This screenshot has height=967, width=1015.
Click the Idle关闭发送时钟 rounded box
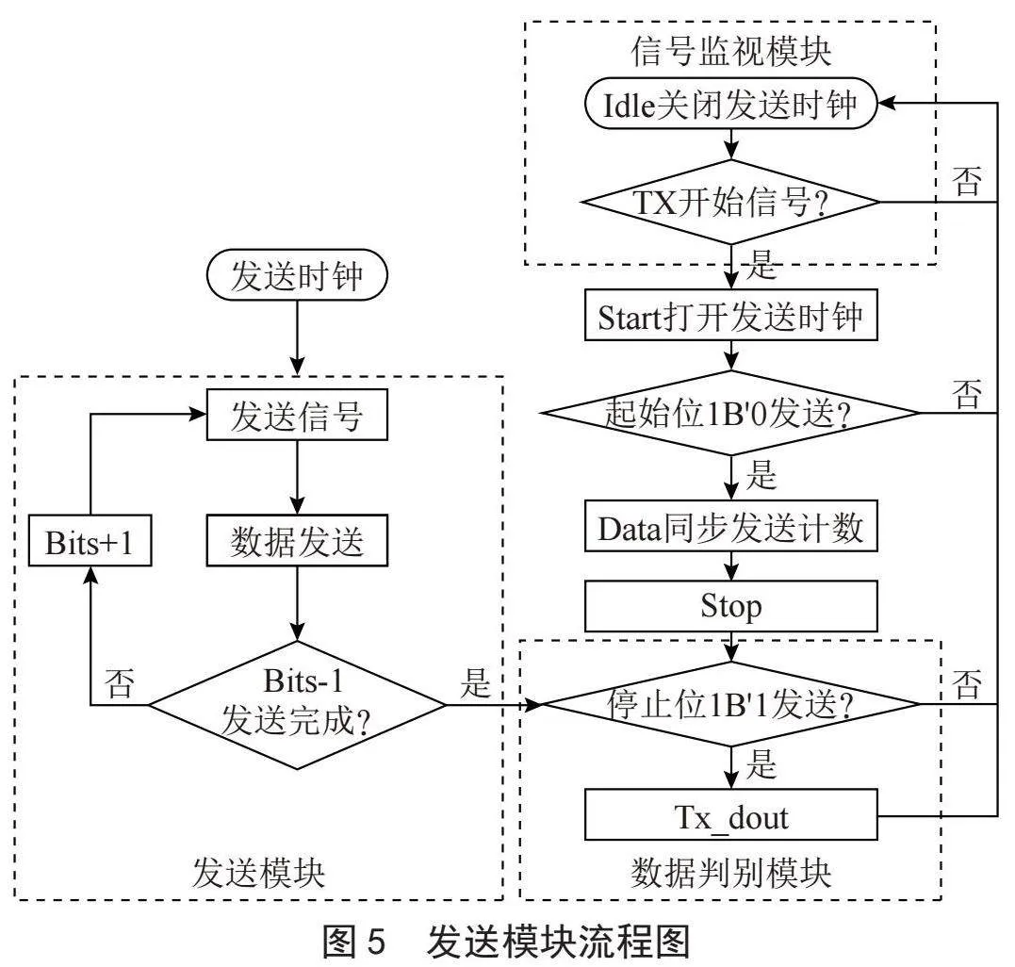[x=730, y=105]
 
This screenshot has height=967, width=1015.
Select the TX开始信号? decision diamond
[x=730, y=202]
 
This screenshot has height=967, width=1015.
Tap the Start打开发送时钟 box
[x=730, y=315]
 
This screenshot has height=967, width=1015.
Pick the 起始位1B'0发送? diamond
[x=730, y=412]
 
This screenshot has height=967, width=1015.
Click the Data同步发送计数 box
[x=730, y=526]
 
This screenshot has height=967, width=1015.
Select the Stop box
[x=730, y=606]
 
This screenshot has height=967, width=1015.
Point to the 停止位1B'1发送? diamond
[x=730, y=703]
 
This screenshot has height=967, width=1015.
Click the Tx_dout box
[x=730, y=814]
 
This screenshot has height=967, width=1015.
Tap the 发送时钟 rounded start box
[x=297, y=275]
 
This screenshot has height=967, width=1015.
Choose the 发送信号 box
[x=297, y=415]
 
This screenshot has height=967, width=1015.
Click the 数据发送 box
[x=297, y=540]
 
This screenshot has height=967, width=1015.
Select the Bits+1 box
[x=90, y=540]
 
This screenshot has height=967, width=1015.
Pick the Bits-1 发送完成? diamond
[x=297, y=704]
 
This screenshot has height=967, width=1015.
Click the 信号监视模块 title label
[x=730, y=51]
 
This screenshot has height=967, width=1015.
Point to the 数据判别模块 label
[x=730, y=873]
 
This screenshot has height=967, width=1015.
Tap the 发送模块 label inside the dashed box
[x=258, y=873]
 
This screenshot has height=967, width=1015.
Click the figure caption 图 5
[x=354, y=942]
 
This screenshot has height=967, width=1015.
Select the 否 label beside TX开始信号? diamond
[x=967, y=181]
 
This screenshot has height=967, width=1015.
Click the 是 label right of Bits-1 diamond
[x=476, y=683]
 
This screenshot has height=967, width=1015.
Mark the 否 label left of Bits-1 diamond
[x=121, y=683]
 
